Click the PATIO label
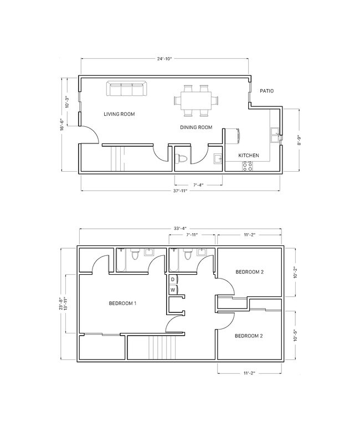point(266,91)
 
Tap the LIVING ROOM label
point(119,114)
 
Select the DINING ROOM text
point(196,127)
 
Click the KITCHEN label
point(249,156)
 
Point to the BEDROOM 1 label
point(122,304)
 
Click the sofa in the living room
point(126,89)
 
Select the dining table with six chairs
point(196,100)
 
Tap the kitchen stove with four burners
point(247,166)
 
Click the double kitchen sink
point(275,135)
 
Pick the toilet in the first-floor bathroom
point(181,159)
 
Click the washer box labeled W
point(173,290)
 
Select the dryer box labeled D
point(173,279)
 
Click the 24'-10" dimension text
point(164,59)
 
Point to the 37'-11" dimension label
point(180,191)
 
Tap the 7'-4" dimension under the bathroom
point(198,185)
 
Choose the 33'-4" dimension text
point(180,228)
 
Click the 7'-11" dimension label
point(192,235)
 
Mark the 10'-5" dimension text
point(296,335)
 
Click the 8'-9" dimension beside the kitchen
point(300,140)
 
